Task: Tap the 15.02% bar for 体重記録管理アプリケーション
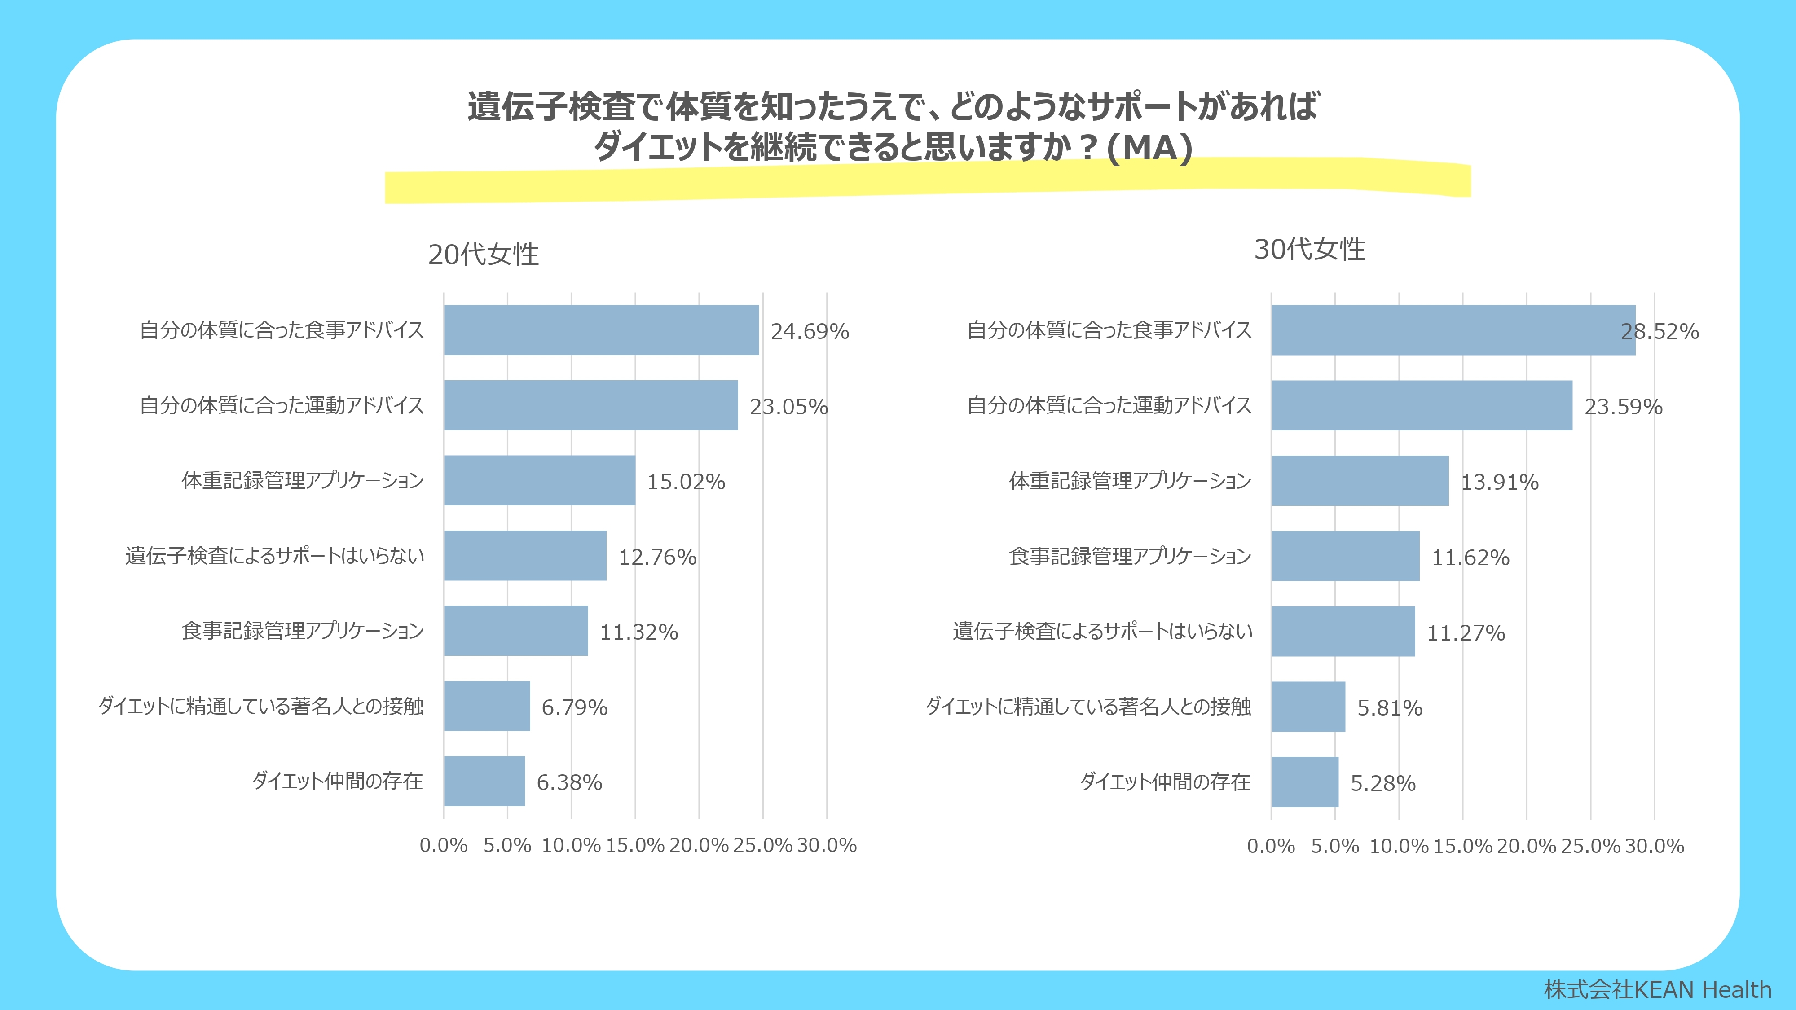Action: click(x=539, y=480)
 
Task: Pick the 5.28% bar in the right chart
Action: click(x=1304, y=782)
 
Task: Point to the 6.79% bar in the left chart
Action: click(x=487, y=706)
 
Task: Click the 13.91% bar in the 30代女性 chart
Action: click(x=1360, y=481)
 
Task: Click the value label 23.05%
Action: click(x=788, y=406)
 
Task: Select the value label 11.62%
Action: click(x=1470, y=557)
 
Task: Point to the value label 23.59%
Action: click(x=1623, y=406)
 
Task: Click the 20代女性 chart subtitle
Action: click(x=483, y=255)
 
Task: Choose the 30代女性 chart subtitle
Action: click(x=1309, y=249)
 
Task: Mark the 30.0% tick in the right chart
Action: click(x=1655, y=846)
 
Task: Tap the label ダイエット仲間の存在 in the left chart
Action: click(x=338, y=781)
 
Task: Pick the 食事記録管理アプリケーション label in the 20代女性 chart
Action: click(x=303, y=631)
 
